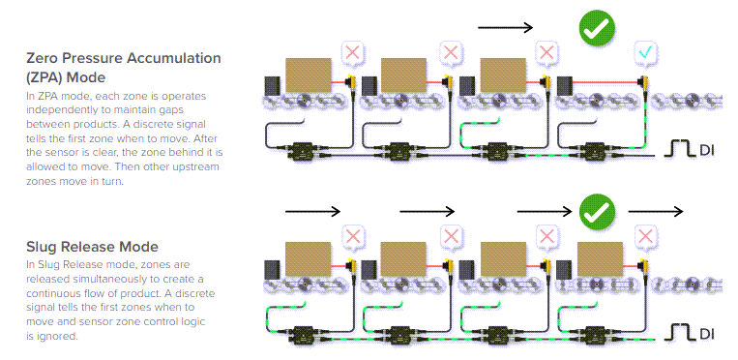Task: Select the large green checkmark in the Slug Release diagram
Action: click(597, 209)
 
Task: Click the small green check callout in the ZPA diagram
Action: click(645, 51)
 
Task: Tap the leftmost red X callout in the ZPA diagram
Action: click(353, 51)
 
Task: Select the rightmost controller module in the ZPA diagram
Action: click(591, 151)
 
